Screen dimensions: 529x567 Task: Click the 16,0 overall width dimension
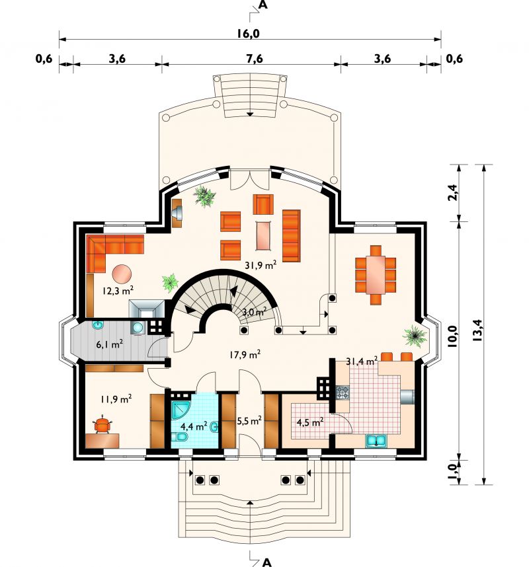point(249,34)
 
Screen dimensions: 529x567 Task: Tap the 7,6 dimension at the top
point(255,59)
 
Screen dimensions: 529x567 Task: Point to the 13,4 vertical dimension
point(477,330)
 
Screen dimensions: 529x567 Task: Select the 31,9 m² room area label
point(261,266)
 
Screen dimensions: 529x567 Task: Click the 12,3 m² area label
point(118,290)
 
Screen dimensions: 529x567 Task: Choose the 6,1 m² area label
point(109,344)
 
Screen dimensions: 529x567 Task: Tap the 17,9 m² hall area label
point(245,355)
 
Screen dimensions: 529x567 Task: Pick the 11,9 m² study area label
point(116,399)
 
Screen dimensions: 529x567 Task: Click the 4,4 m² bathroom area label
point(194,426)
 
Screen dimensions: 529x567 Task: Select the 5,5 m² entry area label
point(249,420)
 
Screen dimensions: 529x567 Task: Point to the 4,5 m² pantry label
point(310,422)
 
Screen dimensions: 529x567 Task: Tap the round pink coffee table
point(122,274)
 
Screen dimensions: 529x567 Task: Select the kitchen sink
point(376,441)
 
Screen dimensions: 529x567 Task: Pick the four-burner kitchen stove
point(343,393)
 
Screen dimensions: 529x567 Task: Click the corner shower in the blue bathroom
point(182,410)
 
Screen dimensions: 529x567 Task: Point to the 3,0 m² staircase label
point(255,312)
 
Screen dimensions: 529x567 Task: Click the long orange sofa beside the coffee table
point(291,235)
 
